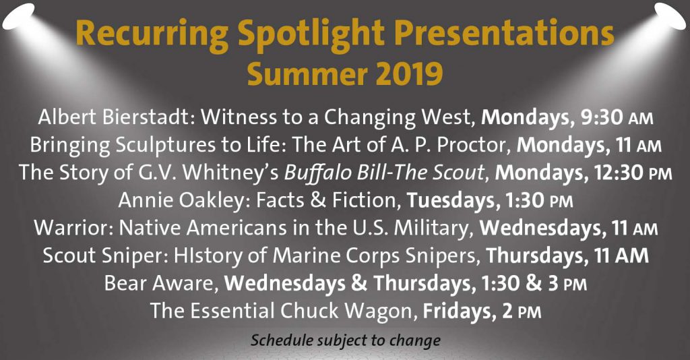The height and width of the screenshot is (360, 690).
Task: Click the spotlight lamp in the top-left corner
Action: pos(18,16)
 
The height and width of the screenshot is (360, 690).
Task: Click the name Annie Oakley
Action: pos(181,201)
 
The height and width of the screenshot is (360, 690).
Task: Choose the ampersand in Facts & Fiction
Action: pos(318,201)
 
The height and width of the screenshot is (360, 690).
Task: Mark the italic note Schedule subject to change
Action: pos(346,340)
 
